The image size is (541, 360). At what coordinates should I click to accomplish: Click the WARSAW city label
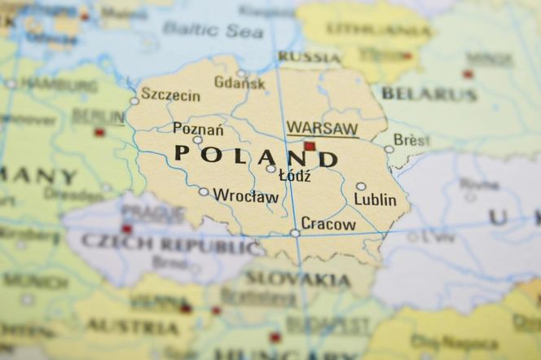click(x=322, y=129)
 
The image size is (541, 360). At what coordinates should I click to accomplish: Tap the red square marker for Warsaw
click(x=310, y=147)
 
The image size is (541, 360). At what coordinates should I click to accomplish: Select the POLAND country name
click(x=256, y=156)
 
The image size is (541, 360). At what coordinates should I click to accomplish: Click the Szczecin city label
click(x=170, y=94)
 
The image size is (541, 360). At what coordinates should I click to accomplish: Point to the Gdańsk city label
click(x=240, y=82)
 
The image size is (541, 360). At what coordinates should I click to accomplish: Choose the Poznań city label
click(x=198, y=128)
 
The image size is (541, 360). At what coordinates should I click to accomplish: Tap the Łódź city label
click(x=294, y=175)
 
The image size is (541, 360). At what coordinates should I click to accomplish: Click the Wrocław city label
click(x=245, y=195)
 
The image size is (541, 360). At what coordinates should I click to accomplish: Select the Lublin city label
click(x=375, y=200)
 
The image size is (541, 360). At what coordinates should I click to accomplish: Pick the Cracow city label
click(x=328, y=223)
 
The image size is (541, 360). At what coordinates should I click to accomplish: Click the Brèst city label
click(x=411, y=139)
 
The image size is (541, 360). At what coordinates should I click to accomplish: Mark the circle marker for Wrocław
click(x=204, y=192)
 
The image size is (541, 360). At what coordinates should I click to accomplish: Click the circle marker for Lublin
click(x=361, y=187)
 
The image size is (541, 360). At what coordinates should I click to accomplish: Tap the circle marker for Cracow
click(x=295, y=233)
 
